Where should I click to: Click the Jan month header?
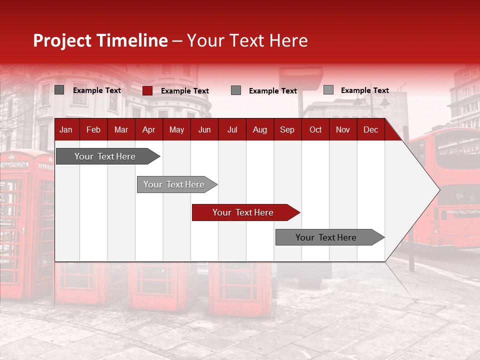(66, 130)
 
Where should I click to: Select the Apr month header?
(148, 130)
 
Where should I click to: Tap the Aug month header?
(259, 130)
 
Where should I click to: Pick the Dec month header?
(370, 130)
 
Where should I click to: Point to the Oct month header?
(315, 130)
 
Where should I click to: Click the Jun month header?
(204, 130)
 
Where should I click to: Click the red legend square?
(147, 90)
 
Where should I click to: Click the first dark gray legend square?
(59, 90)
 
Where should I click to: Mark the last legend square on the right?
(328, 90)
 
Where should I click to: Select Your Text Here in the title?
(247, 40)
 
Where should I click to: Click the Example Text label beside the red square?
(185, 91)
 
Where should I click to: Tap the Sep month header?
(287, 130)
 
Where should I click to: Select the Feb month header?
(93, 130)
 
